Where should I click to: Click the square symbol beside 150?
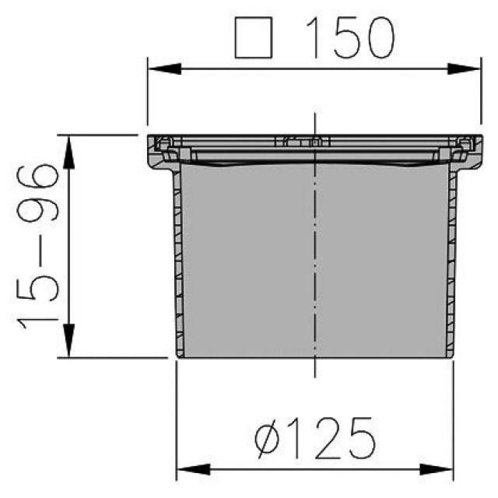[x=257, y=38]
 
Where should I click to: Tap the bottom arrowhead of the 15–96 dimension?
[x=69, y=346]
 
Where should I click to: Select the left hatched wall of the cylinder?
[x=177, y=265]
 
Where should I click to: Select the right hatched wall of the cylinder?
[x=451, y=265]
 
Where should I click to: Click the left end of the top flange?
[x=154, y=149]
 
